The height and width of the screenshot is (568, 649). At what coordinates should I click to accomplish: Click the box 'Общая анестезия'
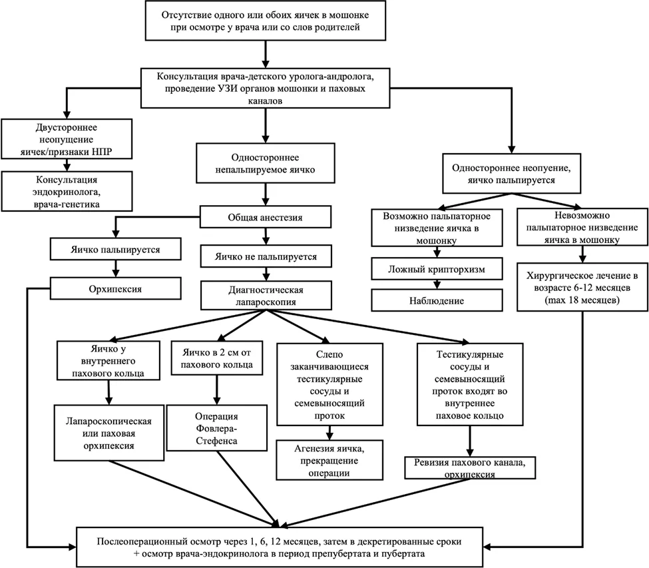click(266, 217)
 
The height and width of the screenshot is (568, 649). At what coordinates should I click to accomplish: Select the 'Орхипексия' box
click(115, 288)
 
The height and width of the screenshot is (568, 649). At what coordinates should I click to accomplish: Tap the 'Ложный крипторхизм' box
click(437, 269)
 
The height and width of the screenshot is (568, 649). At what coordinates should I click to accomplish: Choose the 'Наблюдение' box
click(437, 300)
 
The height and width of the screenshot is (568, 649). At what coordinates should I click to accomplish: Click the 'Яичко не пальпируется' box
click(266, 256)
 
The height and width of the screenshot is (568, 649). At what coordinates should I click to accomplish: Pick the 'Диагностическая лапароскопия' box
click(266, 296)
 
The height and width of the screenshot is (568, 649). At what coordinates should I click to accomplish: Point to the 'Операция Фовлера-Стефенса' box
click(216, 428)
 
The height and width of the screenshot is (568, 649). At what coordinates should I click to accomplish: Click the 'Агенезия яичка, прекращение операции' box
click(329, 460)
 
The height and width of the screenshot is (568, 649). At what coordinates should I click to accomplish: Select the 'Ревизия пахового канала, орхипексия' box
click(470, 468)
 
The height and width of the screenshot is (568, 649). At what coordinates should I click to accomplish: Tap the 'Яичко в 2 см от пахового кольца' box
click(216, 358)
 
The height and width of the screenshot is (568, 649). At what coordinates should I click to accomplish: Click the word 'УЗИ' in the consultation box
click(227, 89)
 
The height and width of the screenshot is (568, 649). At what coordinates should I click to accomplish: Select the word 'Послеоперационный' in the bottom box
click(140, 541)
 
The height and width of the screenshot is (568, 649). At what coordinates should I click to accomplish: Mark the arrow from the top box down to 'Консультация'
click(266, 54)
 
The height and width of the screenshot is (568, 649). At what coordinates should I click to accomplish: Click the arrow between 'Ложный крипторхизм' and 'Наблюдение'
click(437, 284)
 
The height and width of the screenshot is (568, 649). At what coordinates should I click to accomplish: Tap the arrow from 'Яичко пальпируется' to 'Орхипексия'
click(115, 268)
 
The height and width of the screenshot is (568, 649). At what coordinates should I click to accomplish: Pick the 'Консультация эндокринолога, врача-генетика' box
click(67, 191)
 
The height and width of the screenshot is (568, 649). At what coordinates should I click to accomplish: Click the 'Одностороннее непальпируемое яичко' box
click(266, 163)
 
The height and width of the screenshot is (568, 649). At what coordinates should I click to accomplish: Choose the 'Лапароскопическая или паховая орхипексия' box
click(109, 433)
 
